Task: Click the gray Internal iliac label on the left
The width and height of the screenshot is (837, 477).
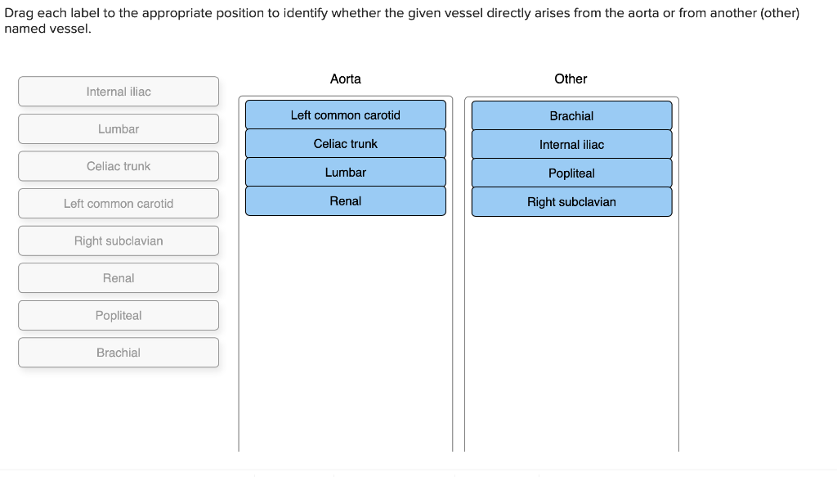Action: pyautogui.click(x=119, y=92)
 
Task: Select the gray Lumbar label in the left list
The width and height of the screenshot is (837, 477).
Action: pyautogui.click(x=119, y=129)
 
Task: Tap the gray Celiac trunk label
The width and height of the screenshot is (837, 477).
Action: pyautogui.click(x=119, y=166)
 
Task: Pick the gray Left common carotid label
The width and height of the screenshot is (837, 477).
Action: pyautogui.click(x=119, y=204)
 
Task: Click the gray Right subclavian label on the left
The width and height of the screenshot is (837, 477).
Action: pyautogui.click(x=119, y=241)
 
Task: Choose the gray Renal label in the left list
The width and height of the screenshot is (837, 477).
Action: pyautogui.click(x=119, y=278)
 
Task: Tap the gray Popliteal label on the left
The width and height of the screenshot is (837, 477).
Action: pyautogui.click(x=119, y=316)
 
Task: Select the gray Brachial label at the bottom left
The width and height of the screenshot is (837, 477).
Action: pyautogui.click(x=119, y=353)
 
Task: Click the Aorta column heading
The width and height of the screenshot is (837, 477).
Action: pyautogui.click(x=345, y=79)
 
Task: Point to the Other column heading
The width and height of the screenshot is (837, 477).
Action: pyautogui.click(x=571, y=79)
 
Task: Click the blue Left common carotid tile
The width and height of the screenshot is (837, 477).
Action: pyautogui.click(x=345, y=115)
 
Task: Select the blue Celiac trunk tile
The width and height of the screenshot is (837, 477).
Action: pyautogui.click(x=345, y=144)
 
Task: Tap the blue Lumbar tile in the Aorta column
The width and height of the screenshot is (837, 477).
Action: pyautogui.click(x=345, y=173)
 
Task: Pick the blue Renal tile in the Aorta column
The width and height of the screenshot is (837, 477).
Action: pyautogui.click(x=345, y=201)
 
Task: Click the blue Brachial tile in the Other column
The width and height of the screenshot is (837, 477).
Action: pyautogui.click(x=571, y=116)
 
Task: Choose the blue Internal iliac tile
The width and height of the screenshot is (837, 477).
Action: pyautogui.click(x=571, y=145)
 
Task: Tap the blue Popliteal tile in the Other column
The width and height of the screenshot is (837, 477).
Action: pyautogui.click(x=571, y=173)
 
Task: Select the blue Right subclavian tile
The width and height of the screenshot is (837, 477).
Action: pyautogui.click(x=571, y=202)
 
